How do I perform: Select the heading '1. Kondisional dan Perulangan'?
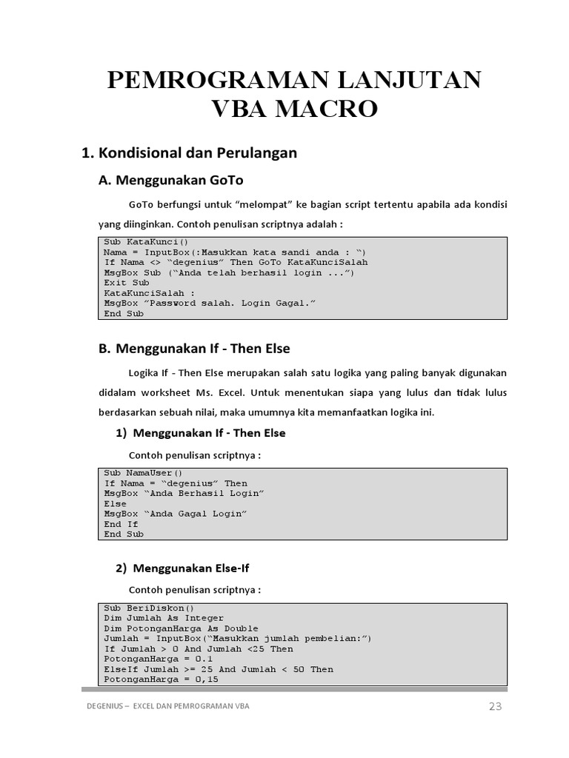tap(189, 153)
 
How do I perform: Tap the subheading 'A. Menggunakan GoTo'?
tap(171, 180)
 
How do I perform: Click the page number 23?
tap(495, 706)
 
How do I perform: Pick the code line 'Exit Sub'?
tap(127, 283)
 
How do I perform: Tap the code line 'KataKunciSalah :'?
tap(144, 293)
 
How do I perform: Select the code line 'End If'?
tap(122, 524)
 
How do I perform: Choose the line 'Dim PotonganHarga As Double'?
tap(179, 628)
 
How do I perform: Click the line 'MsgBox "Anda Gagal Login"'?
tap(176, 514)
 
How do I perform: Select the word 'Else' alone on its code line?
tap(116, 503)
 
